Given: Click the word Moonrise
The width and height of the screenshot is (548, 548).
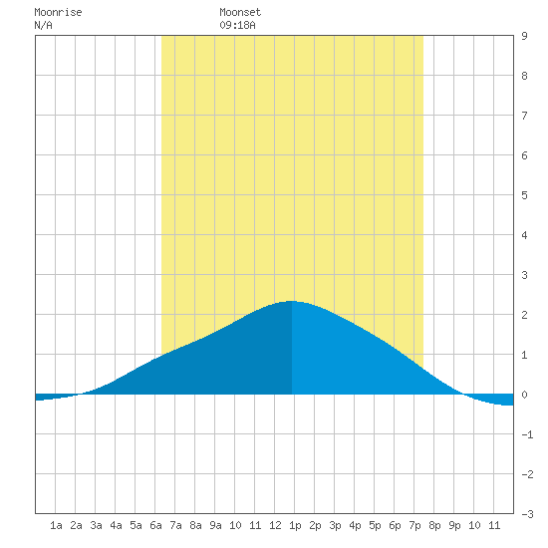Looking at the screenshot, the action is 58,13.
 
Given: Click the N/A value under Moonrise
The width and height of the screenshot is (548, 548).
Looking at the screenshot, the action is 43,26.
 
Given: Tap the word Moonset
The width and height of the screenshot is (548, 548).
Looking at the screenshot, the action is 240,13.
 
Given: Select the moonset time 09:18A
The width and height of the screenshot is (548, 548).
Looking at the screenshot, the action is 238,26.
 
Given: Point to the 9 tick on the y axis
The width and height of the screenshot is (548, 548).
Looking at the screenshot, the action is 524,36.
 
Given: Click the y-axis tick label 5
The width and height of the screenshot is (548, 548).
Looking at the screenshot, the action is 524,195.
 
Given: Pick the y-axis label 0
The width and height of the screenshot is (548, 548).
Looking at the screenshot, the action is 524,395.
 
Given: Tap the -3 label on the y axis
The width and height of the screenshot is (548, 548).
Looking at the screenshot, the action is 527,514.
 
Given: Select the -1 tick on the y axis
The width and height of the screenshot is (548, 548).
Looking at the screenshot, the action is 527,434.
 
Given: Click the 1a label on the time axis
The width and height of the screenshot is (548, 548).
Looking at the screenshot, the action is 56,525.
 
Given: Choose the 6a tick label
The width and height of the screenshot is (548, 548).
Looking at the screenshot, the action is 155,525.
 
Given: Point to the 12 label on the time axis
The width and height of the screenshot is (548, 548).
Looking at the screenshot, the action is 275,525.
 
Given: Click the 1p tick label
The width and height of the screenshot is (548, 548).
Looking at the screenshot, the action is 295,525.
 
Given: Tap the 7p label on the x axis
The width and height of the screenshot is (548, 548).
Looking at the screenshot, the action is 414,525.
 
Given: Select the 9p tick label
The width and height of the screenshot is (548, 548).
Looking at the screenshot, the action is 454,525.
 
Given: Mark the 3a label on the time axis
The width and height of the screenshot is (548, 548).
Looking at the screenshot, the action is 96,525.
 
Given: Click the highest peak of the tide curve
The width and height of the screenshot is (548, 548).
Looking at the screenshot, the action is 292,301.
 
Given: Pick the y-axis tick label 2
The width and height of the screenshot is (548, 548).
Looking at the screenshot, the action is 524,315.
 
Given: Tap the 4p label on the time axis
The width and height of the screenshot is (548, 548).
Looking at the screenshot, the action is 355,525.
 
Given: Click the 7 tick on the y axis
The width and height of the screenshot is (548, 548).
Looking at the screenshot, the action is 524,116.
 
